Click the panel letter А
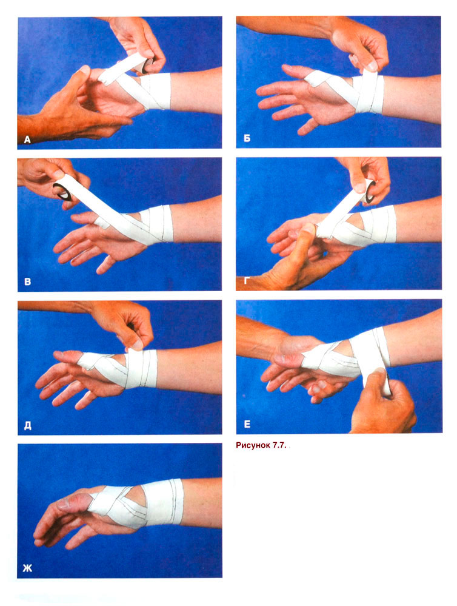click(27, 140)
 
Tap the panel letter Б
click(247, 138)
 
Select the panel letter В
click(27, 281)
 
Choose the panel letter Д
click(27, 425)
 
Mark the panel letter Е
click(247, 425)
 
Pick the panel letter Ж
click(28, 568)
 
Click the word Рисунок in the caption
click(253, 446)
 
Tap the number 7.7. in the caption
click(279, 446)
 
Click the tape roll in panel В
click(62, 192)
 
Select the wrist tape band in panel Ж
click(163, 502)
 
